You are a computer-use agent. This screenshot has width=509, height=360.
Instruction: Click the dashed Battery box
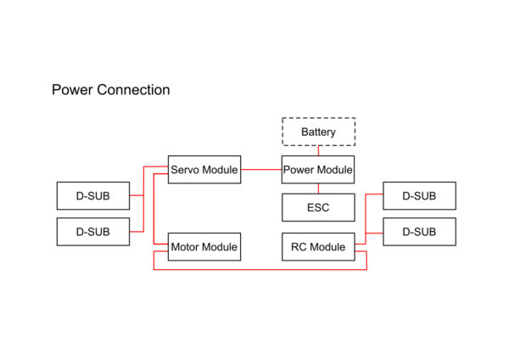click(x=318, y=132)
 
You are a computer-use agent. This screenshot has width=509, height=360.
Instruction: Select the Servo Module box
click(x=204, y=170)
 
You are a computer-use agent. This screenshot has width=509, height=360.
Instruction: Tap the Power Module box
click(x=318, y=170)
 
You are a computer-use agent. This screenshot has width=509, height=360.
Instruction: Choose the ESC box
click(x=318, y=207)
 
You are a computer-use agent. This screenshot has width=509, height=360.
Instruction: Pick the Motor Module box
click(x=204, y=247)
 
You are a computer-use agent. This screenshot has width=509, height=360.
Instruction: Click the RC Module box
click(x=318, y=247)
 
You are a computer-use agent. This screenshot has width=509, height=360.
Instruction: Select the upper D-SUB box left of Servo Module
click(x=92, y=195)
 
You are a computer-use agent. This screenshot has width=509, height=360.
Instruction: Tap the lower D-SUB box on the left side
click(x=92, y=231)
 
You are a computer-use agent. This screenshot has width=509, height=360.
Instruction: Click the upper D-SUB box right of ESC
click(x=419, y=195)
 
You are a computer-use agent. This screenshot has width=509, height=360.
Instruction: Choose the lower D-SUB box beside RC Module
click(x=419, y=231)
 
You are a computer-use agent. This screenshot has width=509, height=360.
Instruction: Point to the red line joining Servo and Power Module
click(x=260, y=170)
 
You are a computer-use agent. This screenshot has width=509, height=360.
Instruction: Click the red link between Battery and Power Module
click(x=318, y=150)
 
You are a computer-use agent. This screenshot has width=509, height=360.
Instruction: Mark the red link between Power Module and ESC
click(x=318, y=188)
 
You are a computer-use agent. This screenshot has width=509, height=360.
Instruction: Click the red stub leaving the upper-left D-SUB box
click(x=136, y=195)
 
